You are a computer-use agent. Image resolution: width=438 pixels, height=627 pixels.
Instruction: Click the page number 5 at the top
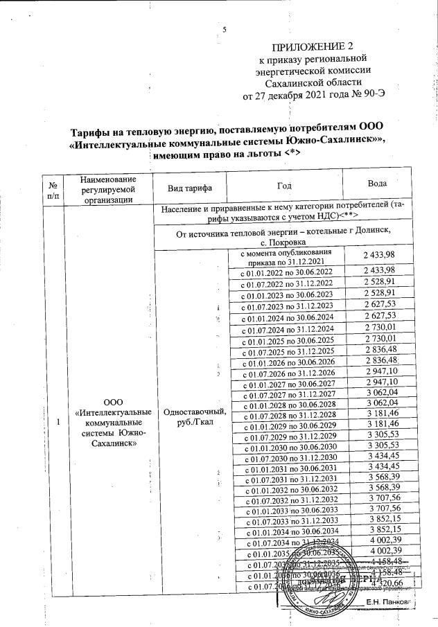click(x=224, y=28)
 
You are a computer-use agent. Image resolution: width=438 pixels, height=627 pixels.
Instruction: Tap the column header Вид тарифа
click(x=190, y=188)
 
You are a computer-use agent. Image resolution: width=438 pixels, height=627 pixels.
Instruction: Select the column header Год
click(x=286, y=188)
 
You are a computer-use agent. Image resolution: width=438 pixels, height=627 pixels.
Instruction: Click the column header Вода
click(x=379, y=188)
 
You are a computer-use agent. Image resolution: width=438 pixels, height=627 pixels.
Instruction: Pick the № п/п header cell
click(x=53, y=188)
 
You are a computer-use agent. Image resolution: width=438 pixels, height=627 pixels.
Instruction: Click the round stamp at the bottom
click(x=323, y=581)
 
